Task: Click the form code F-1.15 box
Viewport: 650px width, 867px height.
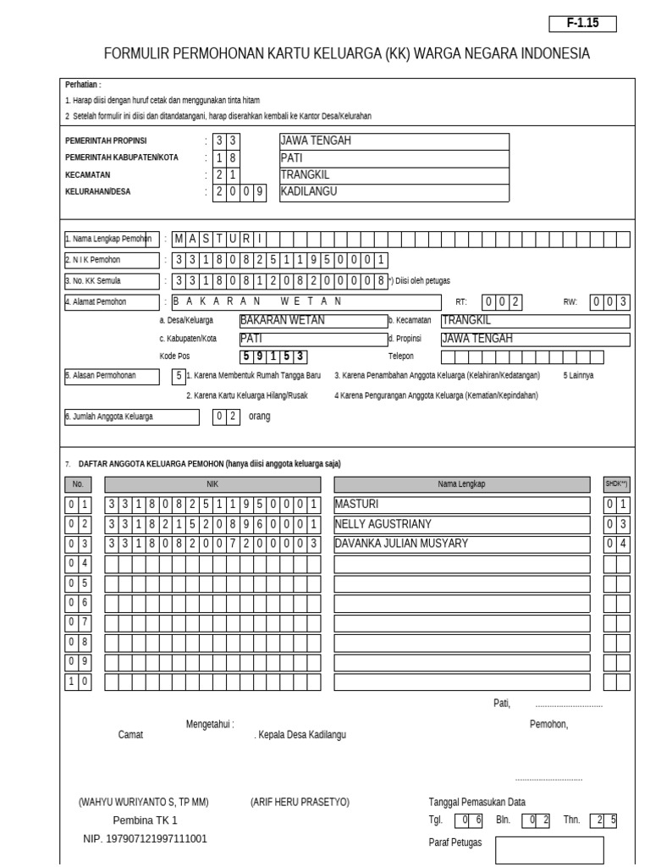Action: tap(582, 24)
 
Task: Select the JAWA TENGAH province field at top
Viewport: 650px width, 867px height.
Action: tap(394, 141)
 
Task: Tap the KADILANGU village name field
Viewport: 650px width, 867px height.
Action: tap(394, 192)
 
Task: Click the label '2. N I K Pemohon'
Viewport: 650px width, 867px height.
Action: tap(112, 260)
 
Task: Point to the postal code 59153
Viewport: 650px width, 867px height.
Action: tap(272, 356)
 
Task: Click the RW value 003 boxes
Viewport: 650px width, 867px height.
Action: tap(609, 301)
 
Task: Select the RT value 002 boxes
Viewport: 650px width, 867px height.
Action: tap(503, 301)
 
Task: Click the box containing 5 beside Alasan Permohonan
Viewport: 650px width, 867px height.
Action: tap(178, 375)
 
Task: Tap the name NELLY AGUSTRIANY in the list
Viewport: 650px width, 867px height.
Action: tap(383, 524)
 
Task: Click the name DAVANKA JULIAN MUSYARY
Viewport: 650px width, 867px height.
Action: tap(401, 544)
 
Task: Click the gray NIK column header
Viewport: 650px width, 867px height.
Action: tap(212, 484)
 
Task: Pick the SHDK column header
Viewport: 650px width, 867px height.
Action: tap(617, 484)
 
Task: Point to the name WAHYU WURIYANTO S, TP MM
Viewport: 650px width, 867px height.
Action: tap(143, 802)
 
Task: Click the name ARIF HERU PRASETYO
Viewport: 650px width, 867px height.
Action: tap(300, 802)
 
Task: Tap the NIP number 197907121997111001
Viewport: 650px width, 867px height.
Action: tap(145, 839)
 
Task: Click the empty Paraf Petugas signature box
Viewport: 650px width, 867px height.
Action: tap(549, 849)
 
